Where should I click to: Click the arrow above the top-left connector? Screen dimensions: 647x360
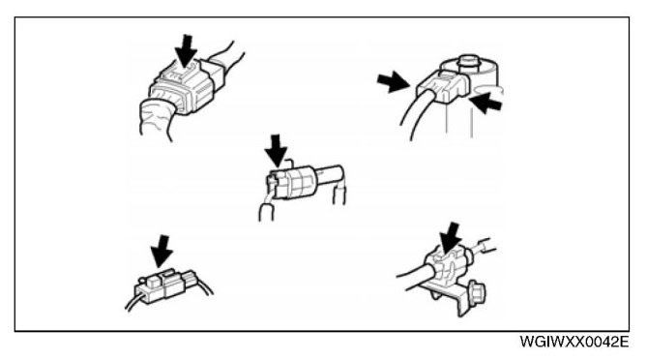pos(186,50)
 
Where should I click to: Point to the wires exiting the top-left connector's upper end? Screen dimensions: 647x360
pos(227,58)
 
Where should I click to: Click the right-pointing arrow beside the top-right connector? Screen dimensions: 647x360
pos(393,81)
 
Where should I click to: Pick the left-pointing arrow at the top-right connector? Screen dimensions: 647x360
pos(485,103)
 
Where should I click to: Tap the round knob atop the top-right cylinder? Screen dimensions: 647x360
pos(467,61)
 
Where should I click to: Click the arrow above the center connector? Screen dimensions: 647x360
pos(276,150)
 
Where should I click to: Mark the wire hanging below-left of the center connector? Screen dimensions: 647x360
pos(266,209)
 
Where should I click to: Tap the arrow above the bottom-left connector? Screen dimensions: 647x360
pos(162,252)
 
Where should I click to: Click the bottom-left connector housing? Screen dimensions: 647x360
pos(161,285)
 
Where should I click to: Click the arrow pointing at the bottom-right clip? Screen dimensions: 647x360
pos(450,239)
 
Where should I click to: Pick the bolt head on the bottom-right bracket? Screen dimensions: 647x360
pos(478,294)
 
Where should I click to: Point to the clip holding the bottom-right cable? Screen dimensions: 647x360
pos(449,264)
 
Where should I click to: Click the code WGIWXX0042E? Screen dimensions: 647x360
pos(573,342)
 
